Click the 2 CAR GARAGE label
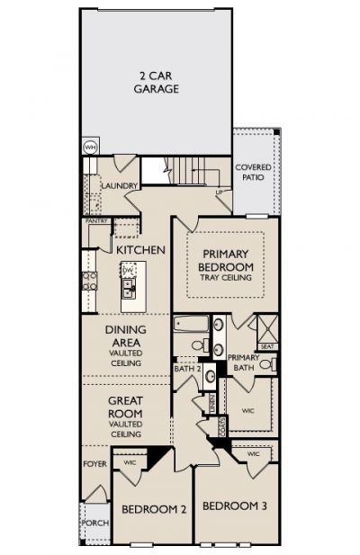point(158,82)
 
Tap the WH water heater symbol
point(90,147)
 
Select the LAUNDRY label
point(119,185)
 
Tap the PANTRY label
point(96,219)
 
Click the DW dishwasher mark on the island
point(128,270)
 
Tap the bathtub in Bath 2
point(193,326)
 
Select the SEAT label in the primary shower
point(266,345)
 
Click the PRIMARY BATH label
point(243,363)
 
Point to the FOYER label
point(94,464)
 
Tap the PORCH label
point(94,522)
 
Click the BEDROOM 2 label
point(154,510)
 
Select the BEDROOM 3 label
point(234,506)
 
